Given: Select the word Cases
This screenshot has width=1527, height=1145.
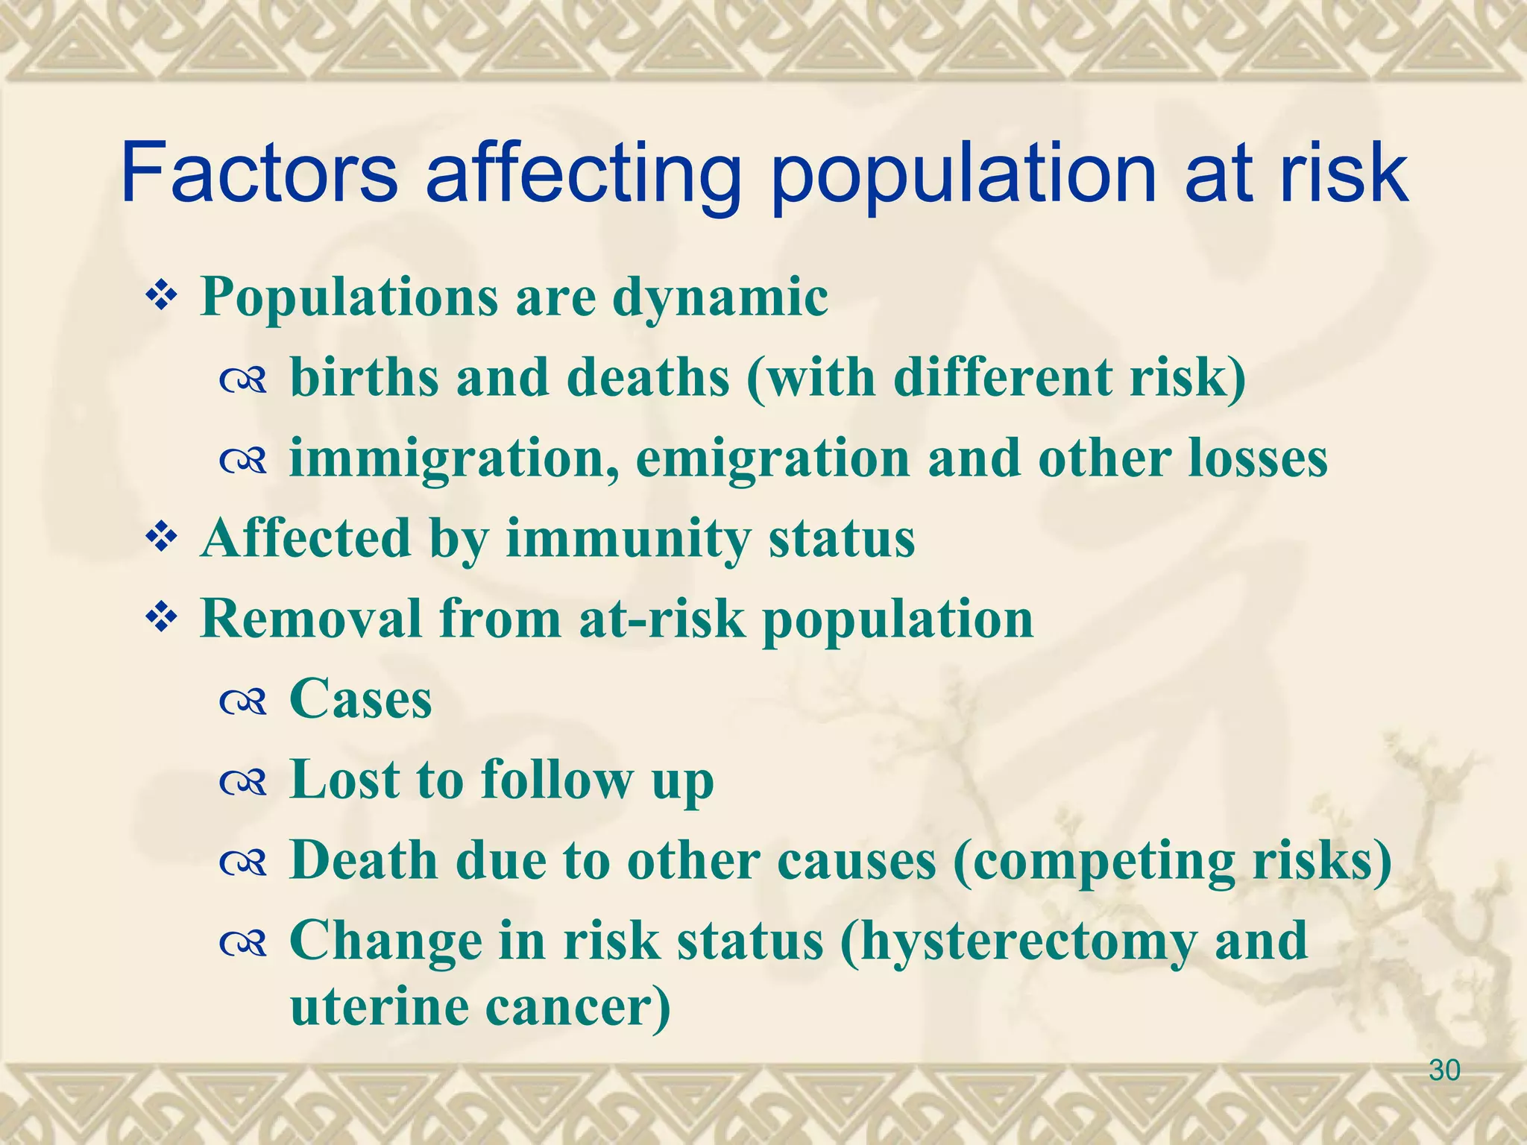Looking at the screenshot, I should coord(360,699).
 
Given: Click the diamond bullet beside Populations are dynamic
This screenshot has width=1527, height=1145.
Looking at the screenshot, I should coord(160,297).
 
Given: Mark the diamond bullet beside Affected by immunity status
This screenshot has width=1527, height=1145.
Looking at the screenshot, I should coord(160,537).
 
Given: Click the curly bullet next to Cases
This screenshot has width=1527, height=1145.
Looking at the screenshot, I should coord(243,701).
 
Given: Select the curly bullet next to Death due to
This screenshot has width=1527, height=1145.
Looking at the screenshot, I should coord(243,862).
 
